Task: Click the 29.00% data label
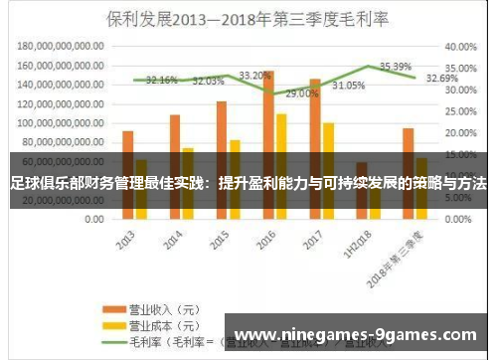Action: [x=302, y=93]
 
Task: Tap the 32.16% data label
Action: [x=161, y=80]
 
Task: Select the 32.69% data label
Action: [x=441, y=78]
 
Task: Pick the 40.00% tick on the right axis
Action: [x=462, y=46]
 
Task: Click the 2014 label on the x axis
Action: [x=172, y=243]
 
